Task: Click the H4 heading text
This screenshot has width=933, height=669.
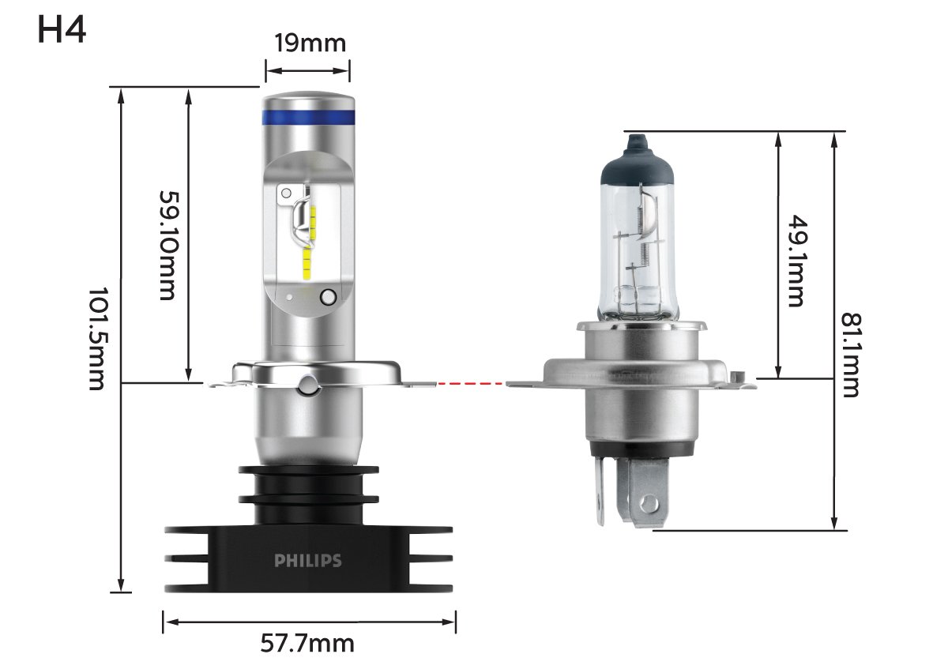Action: pos(62,31)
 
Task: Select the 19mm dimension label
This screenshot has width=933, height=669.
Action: pos(307,43)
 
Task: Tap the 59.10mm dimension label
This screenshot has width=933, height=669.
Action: pos(167,245)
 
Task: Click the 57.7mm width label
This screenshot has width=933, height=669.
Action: pos(307,644)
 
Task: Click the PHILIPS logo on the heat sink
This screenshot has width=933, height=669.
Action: pos(308,561)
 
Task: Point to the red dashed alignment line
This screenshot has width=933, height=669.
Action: pos(472,385)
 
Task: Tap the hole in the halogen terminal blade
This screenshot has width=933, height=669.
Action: pos(649,502)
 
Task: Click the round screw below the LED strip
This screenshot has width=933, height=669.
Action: pos(328,297)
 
